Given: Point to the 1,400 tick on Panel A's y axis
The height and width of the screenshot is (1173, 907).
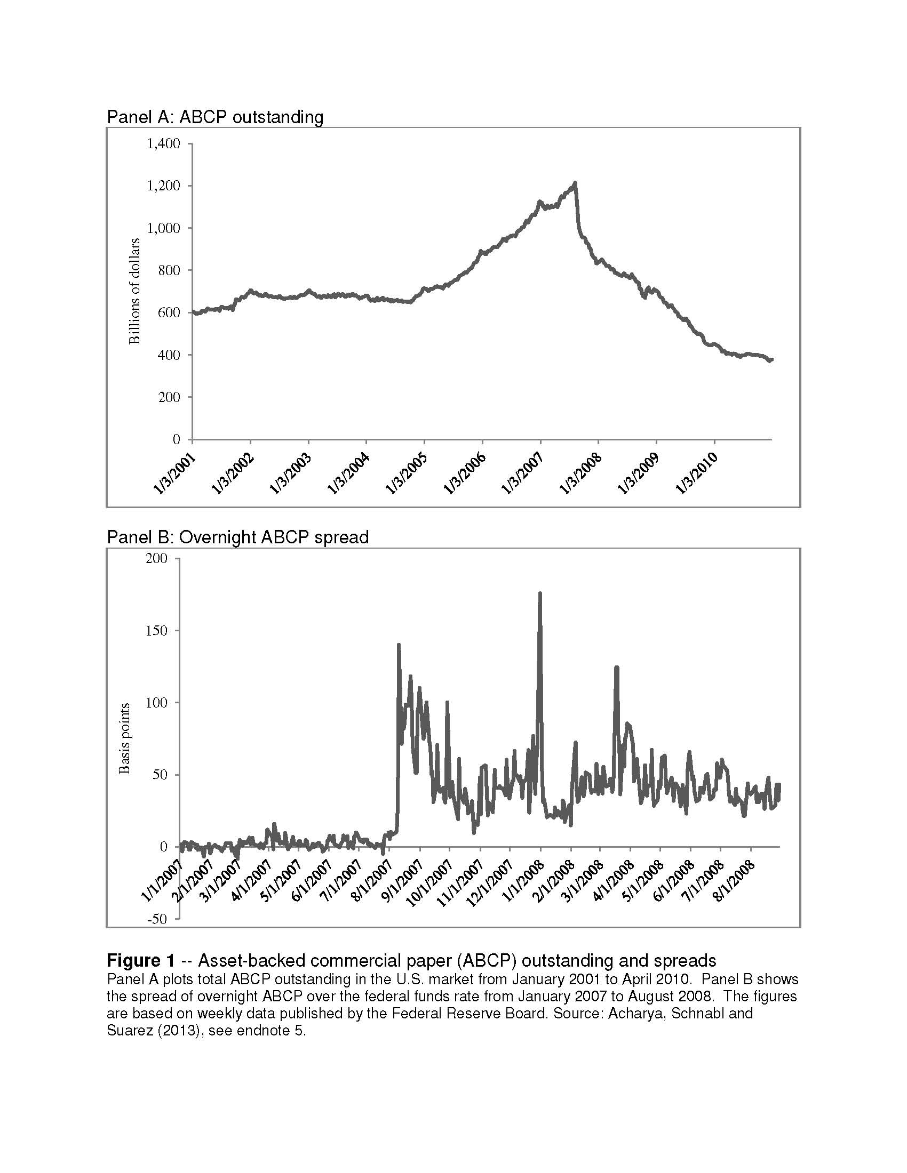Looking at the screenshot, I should coord(163,143).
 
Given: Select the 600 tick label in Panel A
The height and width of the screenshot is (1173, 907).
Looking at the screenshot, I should coord(169,312).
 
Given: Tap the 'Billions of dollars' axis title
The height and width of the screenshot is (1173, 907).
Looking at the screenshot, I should coord(134,291).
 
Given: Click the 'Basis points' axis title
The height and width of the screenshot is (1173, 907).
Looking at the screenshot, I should coord(124,738).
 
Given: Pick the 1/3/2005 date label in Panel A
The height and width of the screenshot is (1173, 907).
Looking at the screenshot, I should coord(407,473).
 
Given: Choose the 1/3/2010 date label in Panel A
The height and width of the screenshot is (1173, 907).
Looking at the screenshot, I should coord(697,473).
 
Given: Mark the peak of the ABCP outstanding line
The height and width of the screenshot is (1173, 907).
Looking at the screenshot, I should coord(576,182).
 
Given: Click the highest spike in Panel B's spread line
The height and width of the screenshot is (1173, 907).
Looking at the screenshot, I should coord(540,593).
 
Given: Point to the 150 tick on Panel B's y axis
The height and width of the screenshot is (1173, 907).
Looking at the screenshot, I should coord(156,631).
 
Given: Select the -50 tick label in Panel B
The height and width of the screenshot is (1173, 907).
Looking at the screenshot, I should coord(156,919).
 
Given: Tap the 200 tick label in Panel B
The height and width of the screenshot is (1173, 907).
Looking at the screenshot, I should coord(156,559).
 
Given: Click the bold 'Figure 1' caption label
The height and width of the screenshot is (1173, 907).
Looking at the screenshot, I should coord(141,960).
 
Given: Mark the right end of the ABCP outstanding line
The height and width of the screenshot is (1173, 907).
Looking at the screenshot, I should coord(771,359).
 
